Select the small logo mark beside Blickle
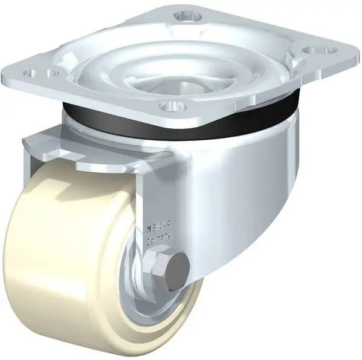click(x=147, y=229)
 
